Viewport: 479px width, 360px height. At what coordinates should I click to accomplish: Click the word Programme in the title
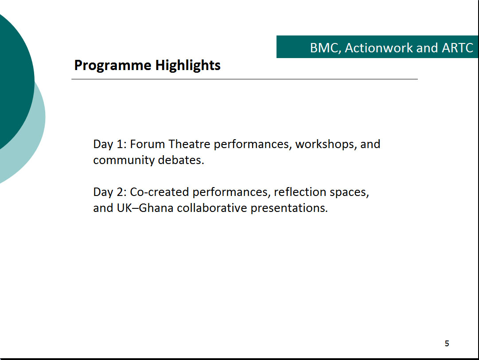pos(113,66)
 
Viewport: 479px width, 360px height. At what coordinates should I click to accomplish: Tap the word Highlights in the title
pos(188,66)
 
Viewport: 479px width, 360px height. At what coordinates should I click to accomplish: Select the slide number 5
pos(447,344)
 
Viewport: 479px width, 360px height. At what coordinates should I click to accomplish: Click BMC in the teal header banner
pos(325,48)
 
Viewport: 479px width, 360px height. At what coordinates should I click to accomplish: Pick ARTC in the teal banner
pos(457,48)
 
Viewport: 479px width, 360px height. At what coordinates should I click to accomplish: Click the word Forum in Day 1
pos(148,144)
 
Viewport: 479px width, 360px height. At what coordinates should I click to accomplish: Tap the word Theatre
pos(189,144)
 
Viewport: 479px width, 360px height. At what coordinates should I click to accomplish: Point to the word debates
pos(181,160)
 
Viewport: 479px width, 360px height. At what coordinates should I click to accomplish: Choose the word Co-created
pos(160,192)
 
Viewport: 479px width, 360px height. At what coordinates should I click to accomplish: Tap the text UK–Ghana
pos(145,208)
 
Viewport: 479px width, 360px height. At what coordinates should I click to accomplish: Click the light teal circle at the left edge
pos(34,137)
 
